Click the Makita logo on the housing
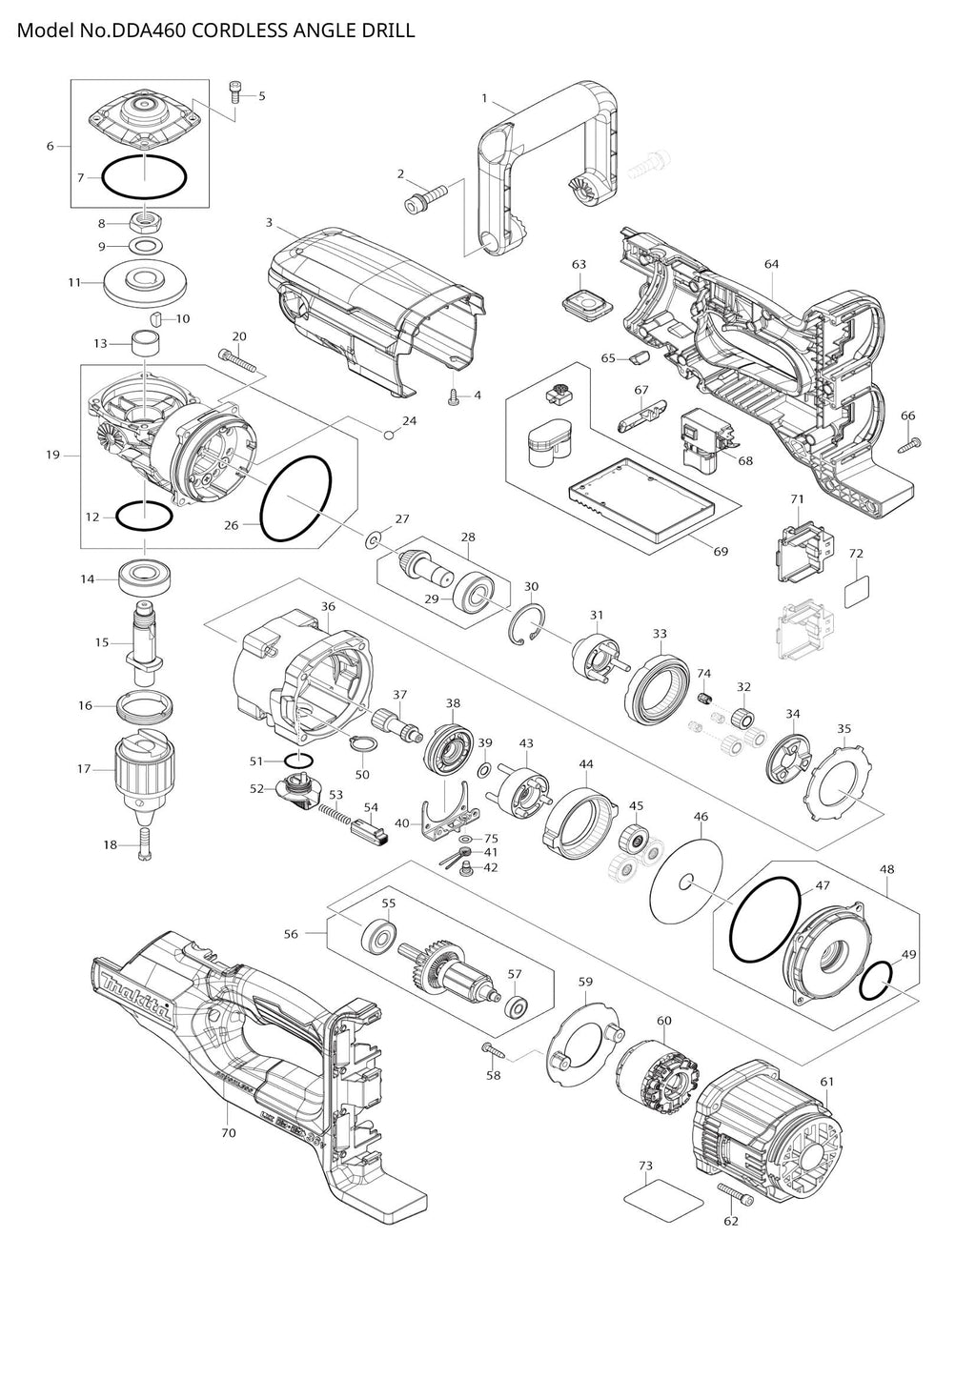tap(133, 992)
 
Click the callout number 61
tap(826, 1081)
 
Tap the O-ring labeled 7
tap(143, 178)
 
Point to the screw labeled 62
tap(735, 1193)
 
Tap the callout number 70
tap(228, 1133)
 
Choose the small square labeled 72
tap(858, 590)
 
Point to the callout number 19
tap(52, 455)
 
